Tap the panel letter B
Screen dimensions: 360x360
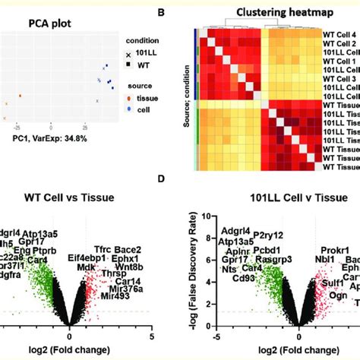tap(181, 11)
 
